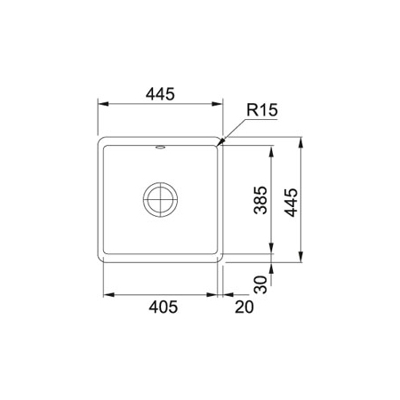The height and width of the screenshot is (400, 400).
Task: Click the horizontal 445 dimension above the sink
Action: (160, 94)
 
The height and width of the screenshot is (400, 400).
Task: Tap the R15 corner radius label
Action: (262, 110)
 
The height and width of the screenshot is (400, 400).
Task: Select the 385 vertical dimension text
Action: (260, 200)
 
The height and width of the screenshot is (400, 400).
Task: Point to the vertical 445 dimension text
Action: (291, 203)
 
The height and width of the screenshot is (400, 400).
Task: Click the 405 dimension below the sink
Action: (164, 307)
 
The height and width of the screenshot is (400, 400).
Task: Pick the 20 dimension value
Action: (244, 307)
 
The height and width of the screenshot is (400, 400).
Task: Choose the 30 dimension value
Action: (260, 284)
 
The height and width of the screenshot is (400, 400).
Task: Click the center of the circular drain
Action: (160, 199)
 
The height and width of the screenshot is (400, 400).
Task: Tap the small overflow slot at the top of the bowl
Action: (161, 147)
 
